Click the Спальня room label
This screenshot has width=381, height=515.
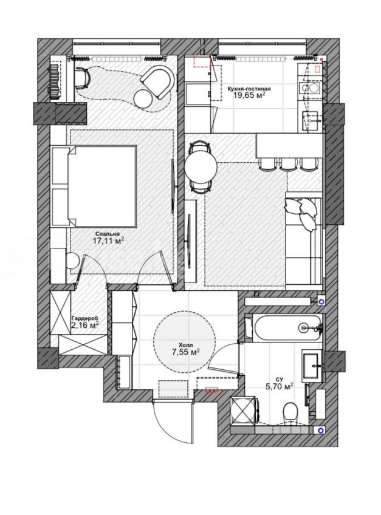pos(107,234)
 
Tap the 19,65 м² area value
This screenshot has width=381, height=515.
pos(249,95)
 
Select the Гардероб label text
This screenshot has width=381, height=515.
pos(85,318)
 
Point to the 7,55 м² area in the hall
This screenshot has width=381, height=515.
pos(186,352)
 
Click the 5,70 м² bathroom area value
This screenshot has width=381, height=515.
pos(280,387)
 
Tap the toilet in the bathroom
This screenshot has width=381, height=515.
pos(290,412)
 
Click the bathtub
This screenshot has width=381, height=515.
pos(287,328)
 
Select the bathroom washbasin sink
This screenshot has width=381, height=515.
pos(311,365)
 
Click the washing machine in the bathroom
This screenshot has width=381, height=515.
pos(244,411)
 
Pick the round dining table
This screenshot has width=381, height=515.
pos(201,167)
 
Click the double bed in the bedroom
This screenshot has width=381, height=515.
pos(94,186)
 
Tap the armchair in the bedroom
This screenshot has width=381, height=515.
pos(158,81)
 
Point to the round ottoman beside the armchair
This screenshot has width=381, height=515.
pos(143,98)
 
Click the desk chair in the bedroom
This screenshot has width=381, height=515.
pos(83,77)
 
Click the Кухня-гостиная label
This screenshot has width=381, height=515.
pos(249,89)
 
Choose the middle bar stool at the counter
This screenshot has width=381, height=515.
pos(288,164)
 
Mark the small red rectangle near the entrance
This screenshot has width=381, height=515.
pos(211,390)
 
